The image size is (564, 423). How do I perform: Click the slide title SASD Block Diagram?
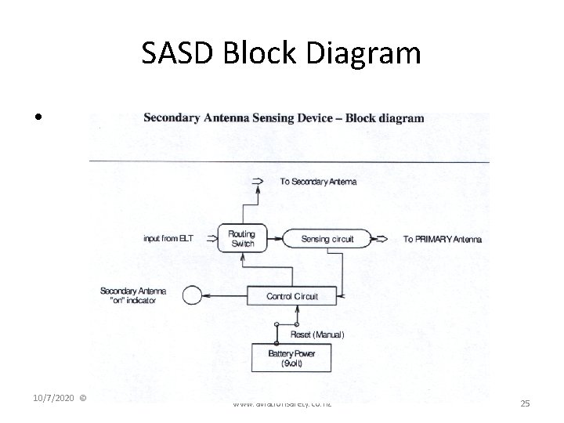coord(281,53)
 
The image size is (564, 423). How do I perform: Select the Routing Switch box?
coord(243,238)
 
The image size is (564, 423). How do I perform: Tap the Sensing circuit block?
coord(327,238)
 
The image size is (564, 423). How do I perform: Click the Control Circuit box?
coord(292,296)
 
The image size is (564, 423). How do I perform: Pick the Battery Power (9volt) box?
coord(291,358)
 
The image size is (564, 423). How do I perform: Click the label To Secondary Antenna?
coord(318,182)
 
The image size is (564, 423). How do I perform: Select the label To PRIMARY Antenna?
coord(443,238)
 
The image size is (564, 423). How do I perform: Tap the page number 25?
coord(525,403)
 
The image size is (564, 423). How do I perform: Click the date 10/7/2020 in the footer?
coord(55,399)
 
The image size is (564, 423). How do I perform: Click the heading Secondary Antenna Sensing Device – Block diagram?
coord(284,119)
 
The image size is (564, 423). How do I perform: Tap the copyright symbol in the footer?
coord(84,399)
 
